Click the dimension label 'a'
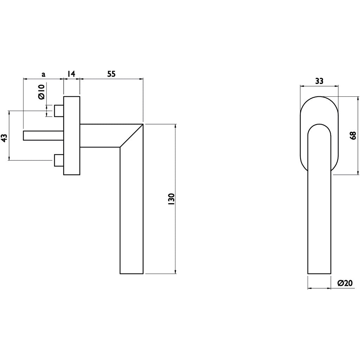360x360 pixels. point(43,74)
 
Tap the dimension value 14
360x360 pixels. point(71,74)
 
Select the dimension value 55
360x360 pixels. point(111,74)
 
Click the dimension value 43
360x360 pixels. point(5,138)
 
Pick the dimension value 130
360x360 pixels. point(171,199)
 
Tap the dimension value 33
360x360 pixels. point(319,81)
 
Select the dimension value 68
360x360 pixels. point(353,135)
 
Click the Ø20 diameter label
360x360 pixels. point(345,283)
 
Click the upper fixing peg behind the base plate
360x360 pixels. point(59,111)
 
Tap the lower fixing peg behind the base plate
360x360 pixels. point(59,160)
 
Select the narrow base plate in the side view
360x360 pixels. point(72,135)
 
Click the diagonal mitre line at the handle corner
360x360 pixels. point(131,135)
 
